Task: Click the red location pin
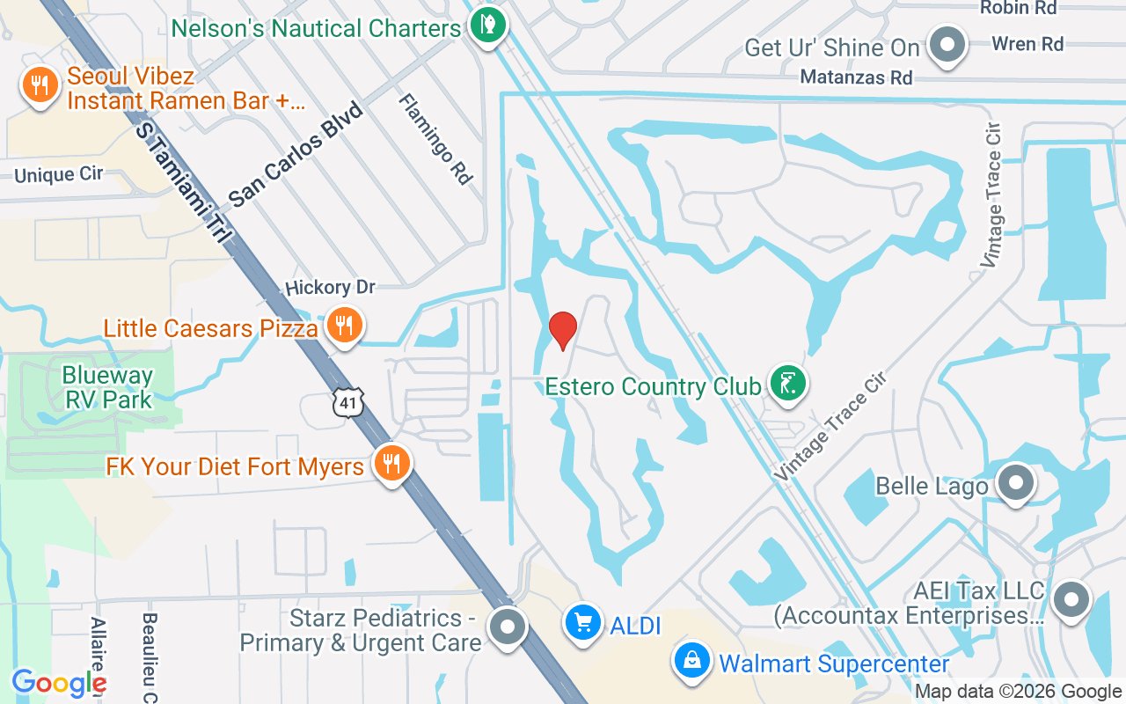[563, 330]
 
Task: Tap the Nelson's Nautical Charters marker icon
[486, 24]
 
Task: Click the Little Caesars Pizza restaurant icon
[343, 326]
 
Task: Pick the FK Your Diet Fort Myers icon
[391, 463]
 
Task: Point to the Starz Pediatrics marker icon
[507, 627]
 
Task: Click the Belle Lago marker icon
[1016, 483]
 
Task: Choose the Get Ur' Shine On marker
[947, 45]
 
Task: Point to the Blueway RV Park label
[107, 387]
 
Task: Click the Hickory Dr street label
[330, 288]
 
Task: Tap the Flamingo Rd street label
[435, 139]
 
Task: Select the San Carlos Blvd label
[296, 155]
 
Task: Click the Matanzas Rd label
[856, 77]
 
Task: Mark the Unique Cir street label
[58, 174]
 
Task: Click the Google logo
[59, 683]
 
